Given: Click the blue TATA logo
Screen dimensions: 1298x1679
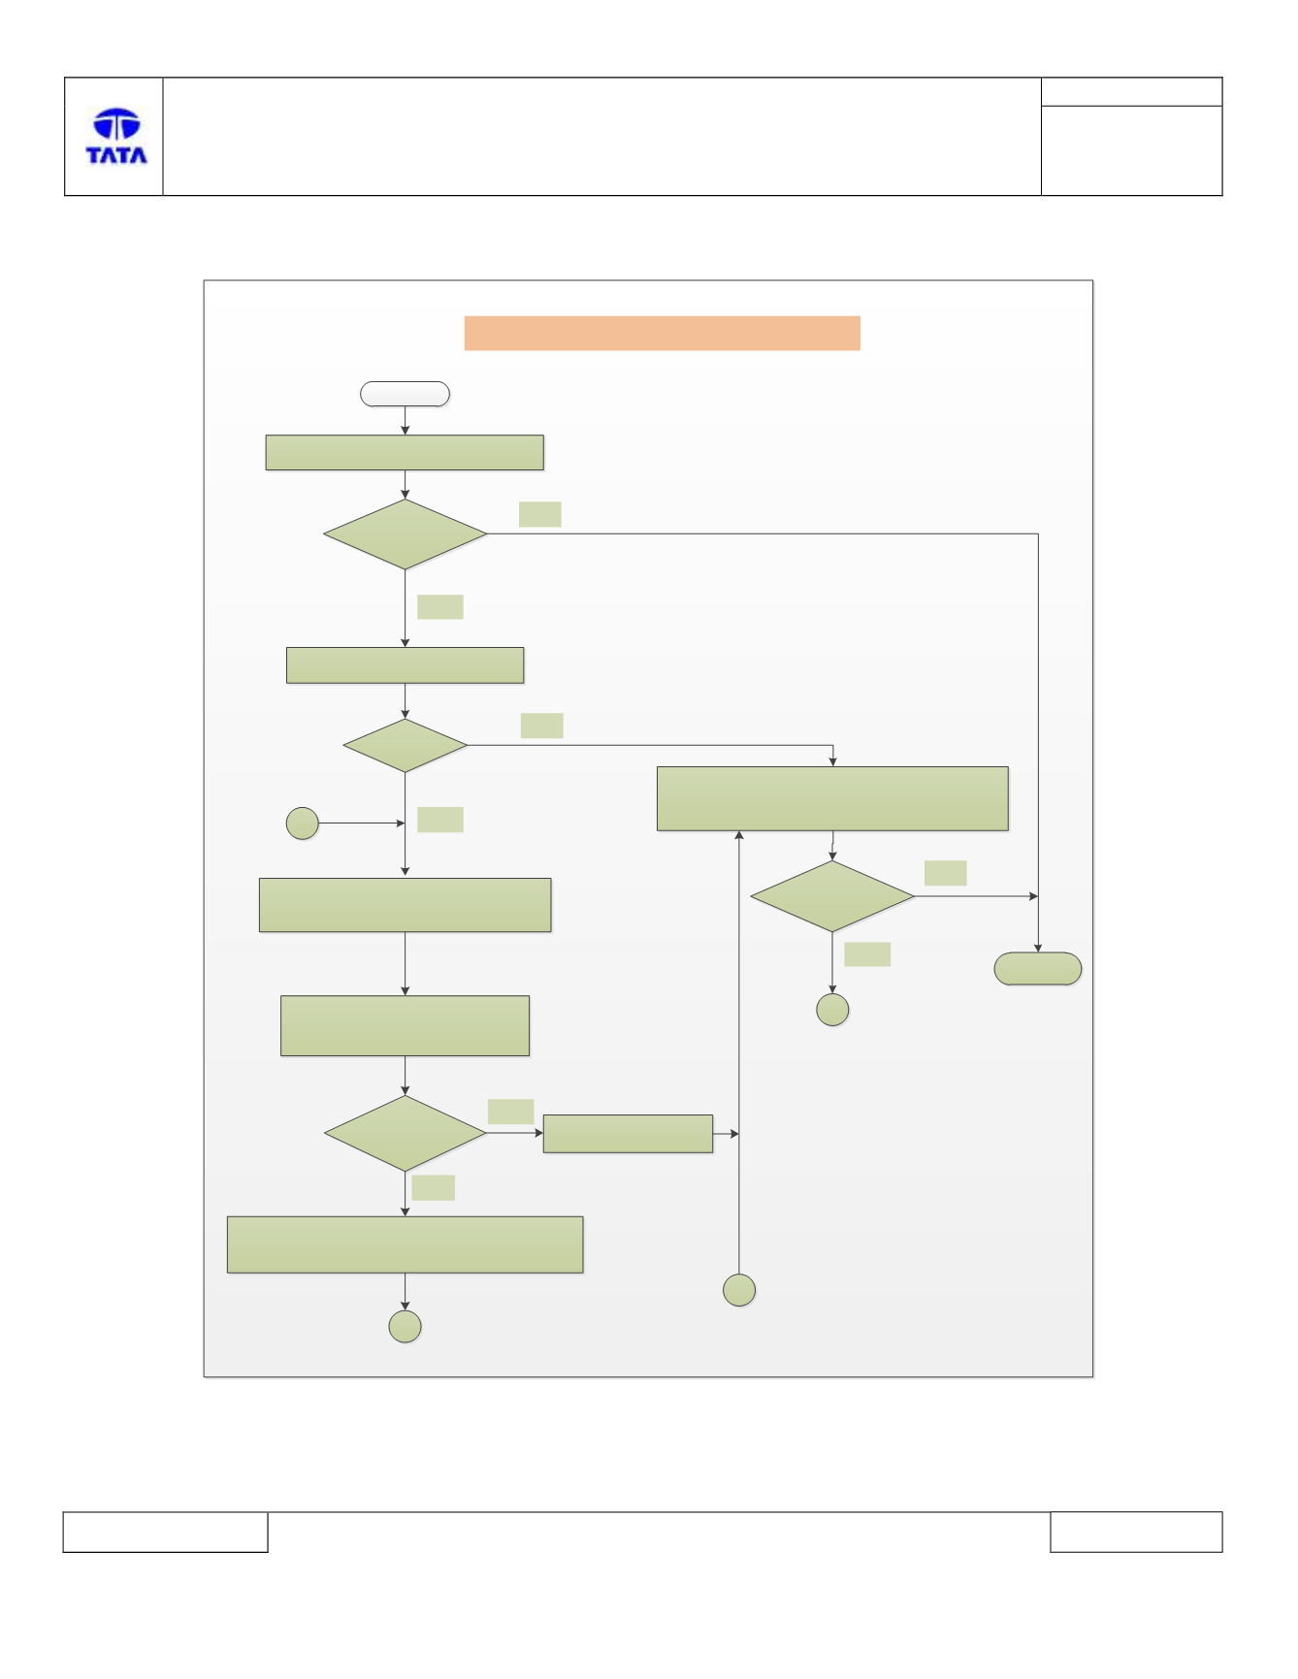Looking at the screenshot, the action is (x=116, y=136).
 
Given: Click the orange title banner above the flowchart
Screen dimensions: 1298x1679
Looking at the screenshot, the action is (x=662, y=333).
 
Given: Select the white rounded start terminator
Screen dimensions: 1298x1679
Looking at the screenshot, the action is (x=405, y=394).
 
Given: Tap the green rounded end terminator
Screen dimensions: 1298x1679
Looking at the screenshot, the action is (x=1038, y=969).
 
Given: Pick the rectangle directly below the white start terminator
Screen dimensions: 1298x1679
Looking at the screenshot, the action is (x=405, y=453).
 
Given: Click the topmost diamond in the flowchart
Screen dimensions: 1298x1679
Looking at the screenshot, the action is (x=406, y=534).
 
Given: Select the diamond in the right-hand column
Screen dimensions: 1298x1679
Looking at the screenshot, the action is (x=832, y=896).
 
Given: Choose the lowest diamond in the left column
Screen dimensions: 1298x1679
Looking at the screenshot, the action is (x=406, y=1133).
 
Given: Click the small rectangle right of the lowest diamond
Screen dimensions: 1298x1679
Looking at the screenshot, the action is (x=628, y=1134).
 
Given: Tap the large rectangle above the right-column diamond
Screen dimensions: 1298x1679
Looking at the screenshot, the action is (x=832, y=799).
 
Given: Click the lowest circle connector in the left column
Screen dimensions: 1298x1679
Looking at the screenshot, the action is (x=405, y=1327).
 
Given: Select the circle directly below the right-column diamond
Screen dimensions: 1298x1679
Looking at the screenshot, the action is (x=832, y=1010).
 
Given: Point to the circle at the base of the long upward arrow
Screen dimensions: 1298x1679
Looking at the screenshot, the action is (x=739, y=1290).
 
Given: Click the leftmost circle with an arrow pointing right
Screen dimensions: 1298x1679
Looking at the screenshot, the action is (x=303, y=823).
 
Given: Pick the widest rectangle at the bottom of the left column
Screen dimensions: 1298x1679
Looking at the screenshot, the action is (x=406, y=1244).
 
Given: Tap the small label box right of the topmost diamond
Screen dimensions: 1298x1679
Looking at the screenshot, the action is (x=540, y=514).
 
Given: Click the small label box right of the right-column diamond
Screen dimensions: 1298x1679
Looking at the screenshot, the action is (x=945, y=873).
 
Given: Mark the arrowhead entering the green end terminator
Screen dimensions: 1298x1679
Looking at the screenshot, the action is (x=1038, y=948).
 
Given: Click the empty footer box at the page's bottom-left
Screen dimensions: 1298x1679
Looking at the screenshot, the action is (x=165, y=1532).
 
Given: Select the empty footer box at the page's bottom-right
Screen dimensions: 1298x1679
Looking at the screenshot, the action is (x=1136, y=1532).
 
